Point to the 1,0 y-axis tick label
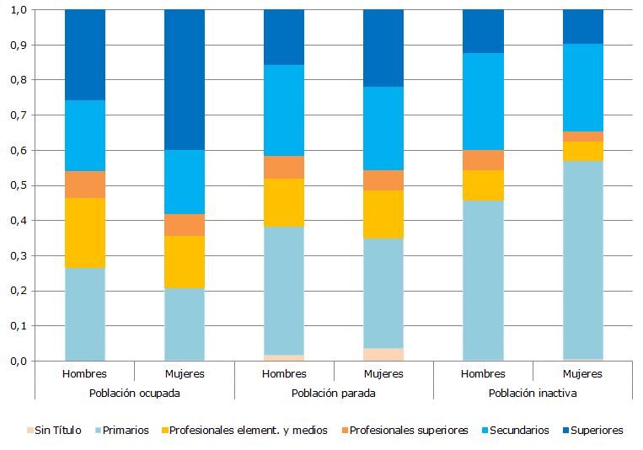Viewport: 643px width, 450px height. [17, 9]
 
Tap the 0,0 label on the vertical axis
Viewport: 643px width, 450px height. [17, 361]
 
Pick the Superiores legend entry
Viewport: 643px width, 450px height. [596, 430]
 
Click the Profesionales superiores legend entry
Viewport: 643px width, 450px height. [408, 430]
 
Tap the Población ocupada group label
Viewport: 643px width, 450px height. [134, 393]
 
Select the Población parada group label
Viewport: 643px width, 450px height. [333, 393]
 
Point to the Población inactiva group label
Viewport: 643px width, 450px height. [533, 393]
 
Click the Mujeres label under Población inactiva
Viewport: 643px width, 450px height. [582, 373]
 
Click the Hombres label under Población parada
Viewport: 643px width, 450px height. [284, 373]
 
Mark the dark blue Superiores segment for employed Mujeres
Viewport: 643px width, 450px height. [185, 79]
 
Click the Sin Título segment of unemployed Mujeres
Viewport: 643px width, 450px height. [383, 355]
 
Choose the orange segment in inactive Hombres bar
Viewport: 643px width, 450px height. [483, 160]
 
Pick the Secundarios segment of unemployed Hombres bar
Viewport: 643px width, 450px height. [284, 110]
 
